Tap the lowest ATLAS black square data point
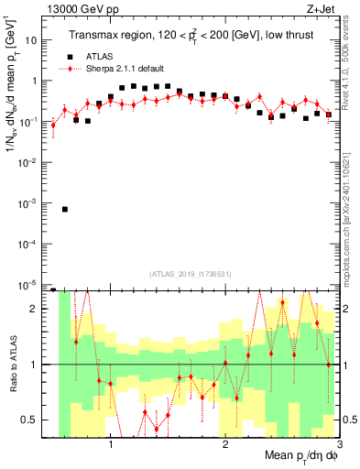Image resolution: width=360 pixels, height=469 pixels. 65,209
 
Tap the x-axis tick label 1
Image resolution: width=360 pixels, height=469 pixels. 111,443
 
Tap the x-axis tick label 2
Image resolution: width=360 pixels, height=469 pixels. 225,443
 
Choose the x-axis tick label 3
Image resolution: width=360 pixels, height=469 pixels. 338,443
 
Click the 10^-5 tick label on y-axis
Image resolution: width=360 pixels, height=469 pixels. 30,284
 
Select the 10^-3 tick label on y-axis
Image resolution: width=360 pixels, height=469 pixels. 30,202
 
